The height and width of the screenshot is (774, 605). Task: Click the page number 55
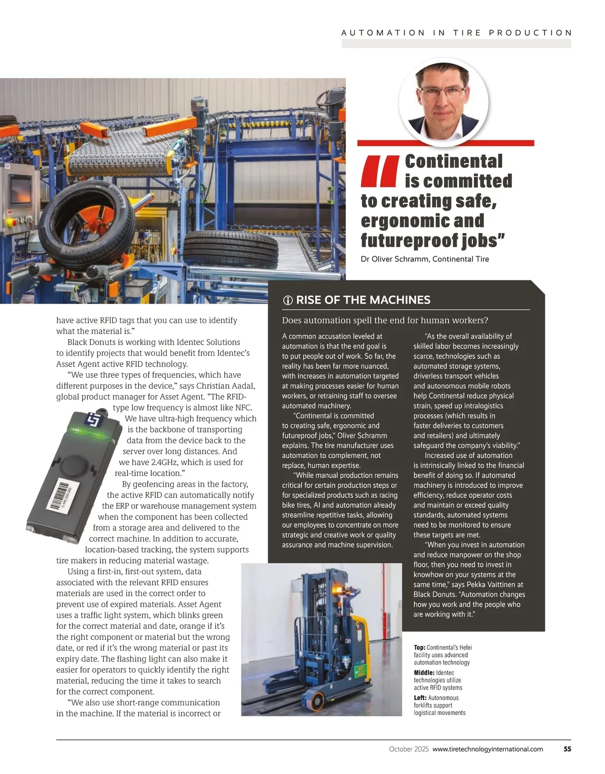click(567, 749)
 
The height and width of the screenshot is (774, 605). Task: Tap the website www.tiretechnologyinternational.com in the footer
click(488, 749)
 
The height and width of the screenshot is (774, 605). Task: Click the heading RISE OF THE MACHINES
click(363, 300)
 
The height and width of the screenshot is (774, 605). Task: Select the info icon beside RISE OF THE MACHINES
click(288, 301)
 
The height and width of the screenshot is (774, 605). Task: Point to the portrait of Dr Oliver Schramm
click(444, 101)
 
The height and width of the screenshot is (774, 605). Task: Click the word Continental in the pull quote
click(454, 161)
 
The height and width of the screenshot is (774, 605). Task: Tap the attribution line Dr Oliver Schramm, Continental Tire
click(425, 259)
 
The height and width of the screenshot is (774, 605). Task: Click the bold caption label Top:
click(419, 647)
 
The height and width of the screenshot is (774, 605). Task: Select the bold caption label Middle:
click(424, 673)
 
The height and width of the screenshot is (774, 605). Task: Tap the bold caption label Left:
click(420, 698)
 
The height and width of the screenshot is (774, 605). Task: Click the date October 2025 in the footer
click(408, 749)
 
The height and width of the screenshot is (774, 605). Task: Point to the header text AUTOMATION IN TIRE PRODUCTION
click(456, 33)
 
